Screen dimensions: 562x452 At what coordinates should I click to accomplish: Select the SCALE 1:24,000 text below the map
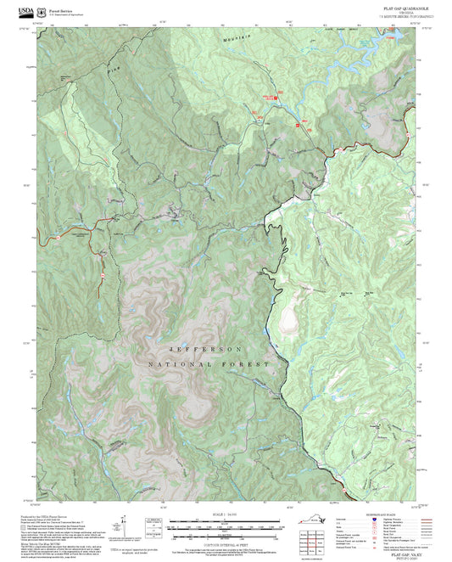tap(225, 514)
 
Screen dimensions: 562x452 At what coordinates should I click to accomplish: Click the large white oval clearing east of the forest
tap(289, 320)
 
